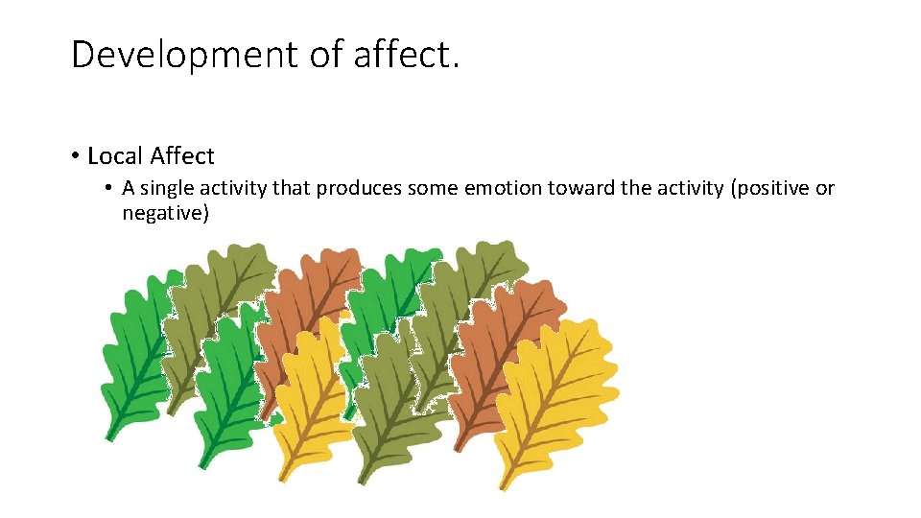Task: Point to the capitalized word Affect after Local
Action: click(x=182, y=155)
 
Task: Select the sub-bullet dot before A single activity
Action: click(x=111, y=188)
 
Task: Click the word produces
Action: click(x=359, y=188)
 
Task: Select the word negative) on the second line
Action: click(x=165, y=213)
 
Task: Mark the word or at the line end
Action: click(x=825, y=188)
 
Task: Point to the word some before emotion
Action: click(x=433, y=188)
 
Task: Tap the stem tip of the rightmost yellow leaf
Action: click(x=500, y=487)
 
